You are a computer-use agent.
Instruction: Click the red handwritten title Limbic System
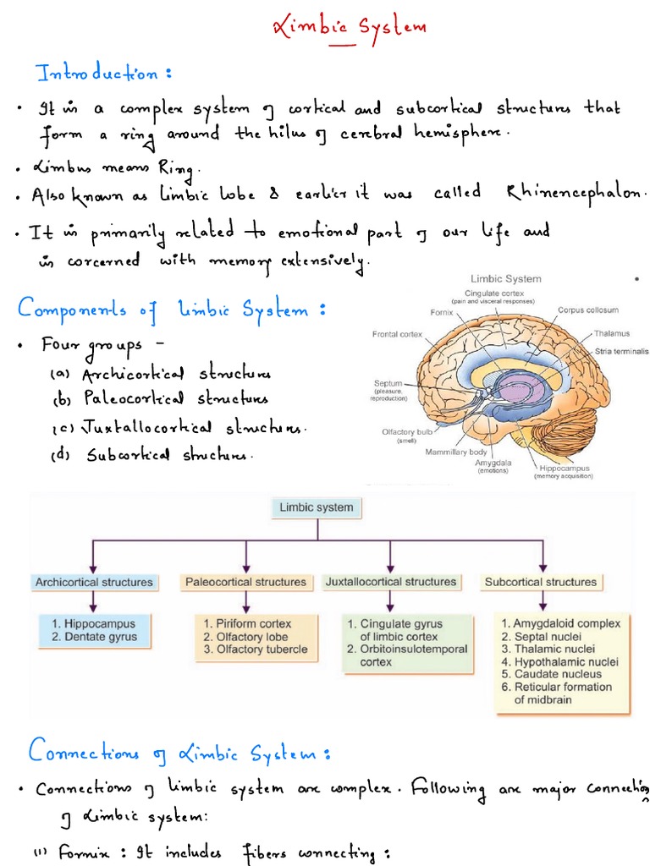[349, 29]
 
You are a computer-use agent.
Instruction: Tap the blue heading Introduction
[104, 74]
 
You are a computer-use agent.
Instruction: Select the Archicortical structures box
[94, 582]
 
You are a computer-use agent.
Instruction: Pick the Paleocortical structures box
[245, 582]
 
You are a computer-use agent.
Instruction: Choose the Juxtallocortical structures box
[390, 582]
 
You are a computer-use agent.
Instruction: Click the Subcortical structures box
[540, 582]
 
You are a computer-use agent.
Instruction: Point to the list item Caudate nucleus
[551, 674]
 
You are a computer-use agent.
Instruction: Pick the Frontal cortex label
[398, 334]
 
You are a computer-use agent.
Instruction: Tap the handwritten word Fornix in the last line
[85, 853]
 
